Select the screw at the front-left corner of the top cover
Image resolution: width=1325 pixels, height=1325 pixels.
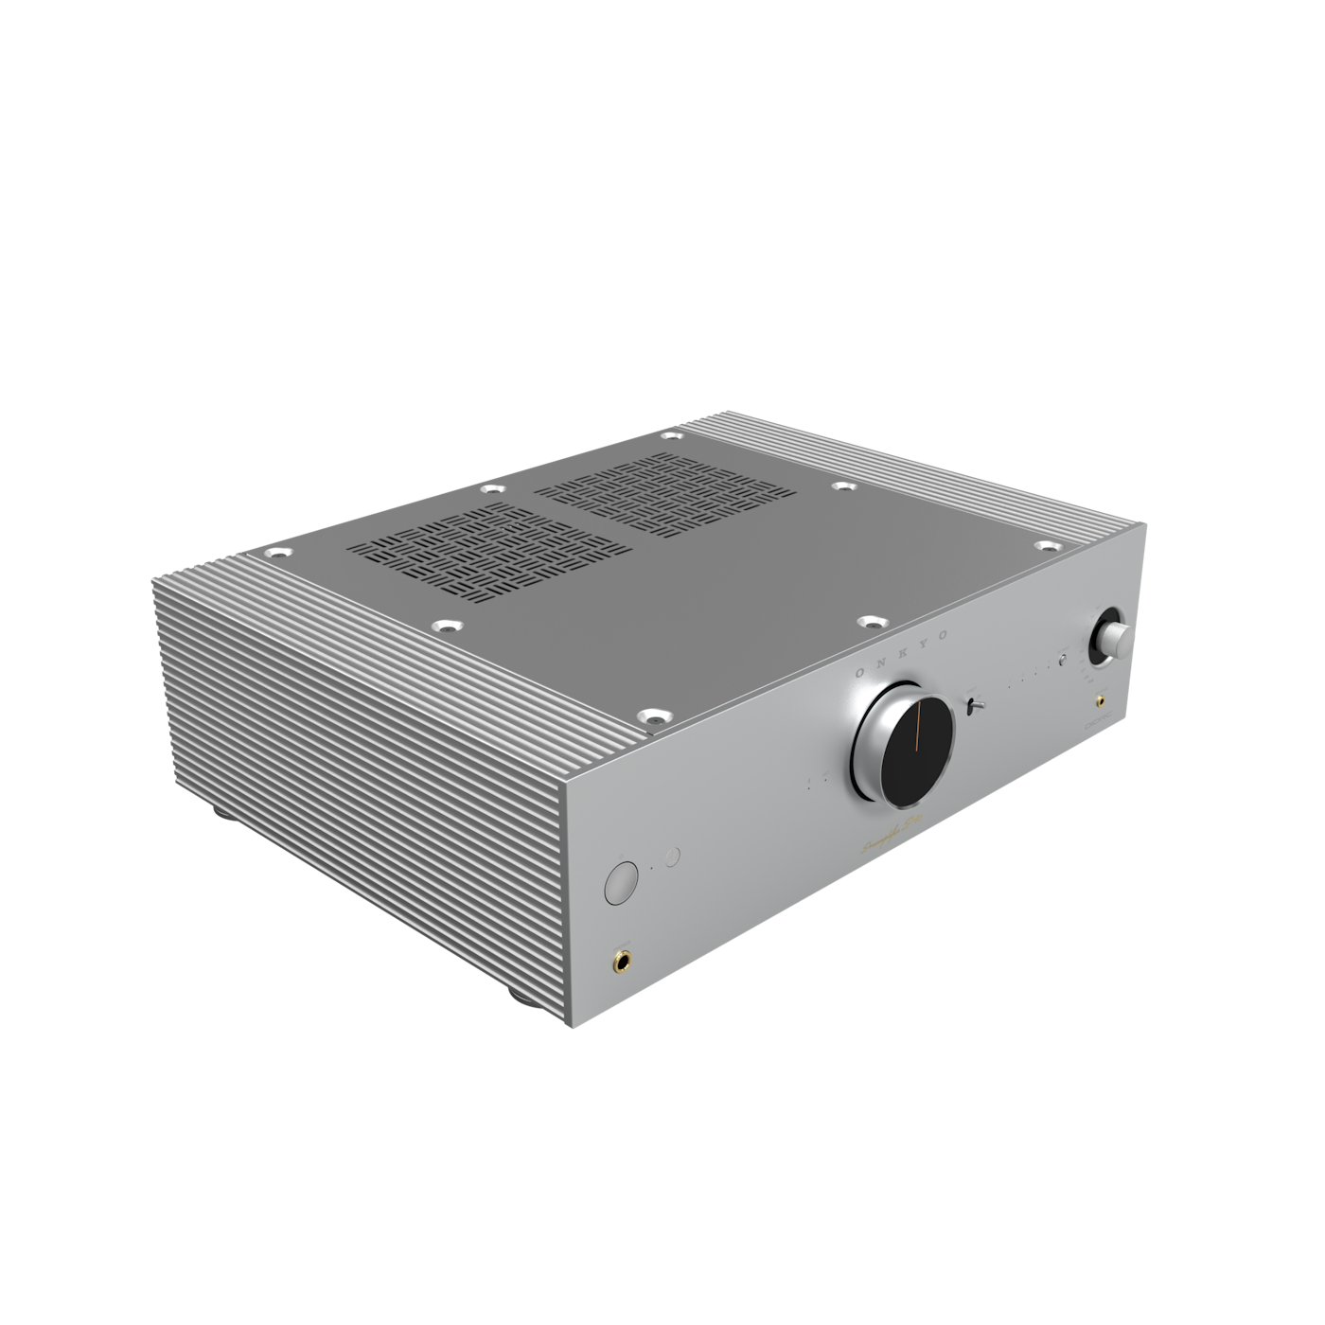(651, 718)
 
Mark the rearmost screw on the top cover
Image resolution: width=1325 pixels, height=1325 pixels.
(671, 436)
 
